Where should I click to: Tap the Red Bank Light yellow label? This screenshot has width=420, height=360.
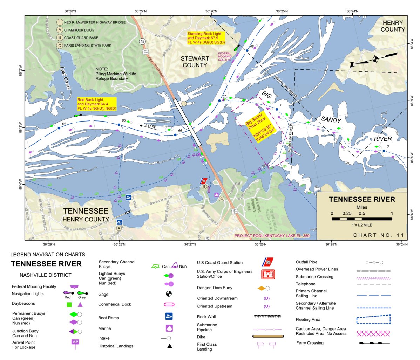97,104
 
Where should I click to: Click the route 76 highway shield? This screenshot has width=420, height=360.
142,41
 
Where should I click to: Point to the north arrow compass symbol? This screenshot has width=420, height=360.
374,59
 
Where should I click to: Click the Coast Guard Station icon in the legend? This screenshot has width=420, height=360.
268,262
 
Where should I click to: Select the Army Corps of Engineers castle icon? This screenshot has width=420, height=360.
268,274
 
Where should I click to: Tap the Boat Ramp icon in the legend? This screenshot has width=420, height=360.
169,316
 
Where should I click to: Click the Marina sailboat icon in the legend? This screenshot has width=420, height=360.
169,328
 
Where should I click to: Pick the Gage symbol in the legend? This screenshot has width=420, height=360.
169,294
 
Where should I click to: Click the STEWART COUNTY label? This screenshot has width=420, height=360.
195,62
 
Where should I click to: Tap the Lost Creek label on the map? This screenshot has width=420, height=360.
66,78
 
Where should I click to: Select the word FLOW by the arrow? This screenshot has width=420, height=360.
151,126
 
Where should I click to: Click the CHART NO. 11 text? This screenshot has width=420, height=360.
378,235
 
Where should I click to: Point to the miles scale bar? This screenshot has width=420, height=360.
362,219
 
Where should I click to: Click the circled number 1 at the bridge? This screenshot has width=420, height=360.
183,103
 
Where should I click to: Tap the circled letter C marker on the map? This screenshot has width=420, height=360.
221,199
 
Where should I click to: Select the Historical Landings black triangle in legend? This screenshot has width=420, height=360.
169,346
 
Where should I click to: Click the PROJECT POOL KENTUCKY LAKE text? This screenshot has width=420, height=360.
272,236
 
